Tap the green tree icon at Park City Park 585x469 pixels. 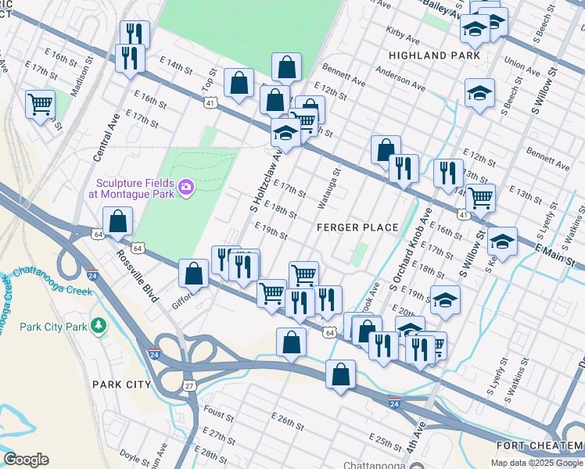click(x=98, y=325)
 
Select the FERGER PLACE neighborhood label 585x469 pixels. click(x=357, y=227)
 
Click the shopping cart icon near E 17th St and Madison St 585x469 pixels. click(x=40, y=103)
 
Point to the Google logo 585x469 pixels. click(x=26, y=460)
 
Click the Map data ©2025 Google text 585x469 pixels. click(x=537, y=463)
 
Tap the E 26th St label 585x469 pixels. click(x=288, y=423)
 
